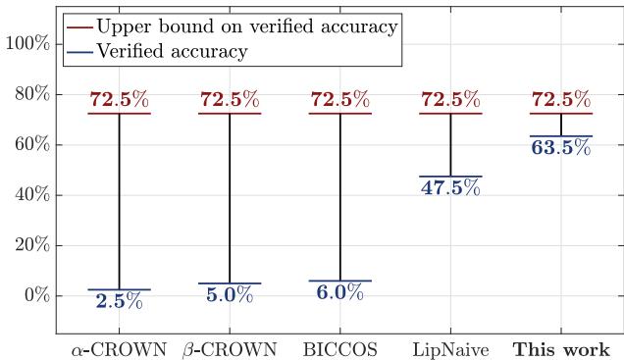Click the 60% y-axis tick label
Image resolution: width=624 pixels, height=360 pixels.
(31, 144)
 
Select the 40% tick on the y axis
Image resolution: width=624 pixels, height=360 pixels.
(31, 195)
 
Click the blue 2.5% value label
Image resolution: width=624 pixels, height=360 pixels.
(119, 302)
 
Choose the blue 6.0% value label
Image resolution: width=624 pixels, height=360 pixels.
(339, 293)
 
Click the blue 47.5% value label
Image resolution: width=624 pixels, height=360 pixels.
(450, 188)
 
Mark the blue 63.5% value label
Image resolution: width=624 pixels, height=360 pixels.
(561, 148)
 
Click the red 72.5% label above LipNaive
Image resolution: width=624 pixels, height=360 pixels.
(450, 100)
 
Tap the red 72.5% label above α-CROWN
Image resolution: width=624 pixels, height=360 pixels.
(119, 100)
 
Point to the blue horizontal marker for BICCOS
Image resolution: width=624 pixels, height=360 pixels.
(339, 281)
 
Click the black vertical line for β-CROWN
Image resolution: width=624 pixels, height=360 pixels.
(230, 196)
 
